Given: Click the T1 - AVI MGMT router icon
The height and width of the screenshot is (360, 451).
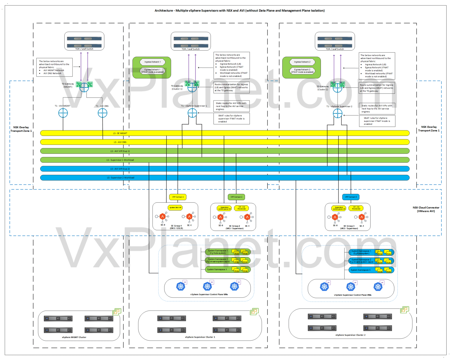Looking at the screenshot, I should [x=63, y=113].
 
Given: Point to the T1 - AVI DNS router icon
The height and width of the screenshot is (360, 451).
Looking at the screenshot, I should [x=102, y=113].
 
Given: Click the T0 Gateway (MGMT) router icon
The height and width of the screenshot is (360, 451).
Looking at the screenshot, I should [x=84, y=87].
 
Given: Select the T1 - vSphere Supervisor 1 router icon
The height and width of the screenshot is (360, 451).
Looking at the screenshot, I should [x=192, y=113].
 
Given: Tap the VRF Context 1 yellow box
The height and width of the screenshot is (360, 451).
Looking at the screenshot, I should [x=178, y=197].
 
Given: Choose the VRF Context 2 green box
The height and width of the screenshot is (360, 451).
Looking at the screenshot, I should [x=236, y=197].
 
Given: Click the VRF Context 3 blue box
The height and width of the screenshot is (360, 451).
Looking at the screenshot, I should [x=351, y=197].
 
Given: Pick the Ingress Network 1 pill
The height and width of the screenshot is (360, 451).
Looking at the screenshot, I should [x=153, y=62].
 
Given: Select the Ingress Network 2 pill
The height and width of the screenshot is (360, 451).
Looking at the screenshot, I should [x=302, y=62].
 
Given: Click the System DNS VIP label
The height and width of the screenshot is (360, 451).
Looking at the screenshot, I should [x=175, y=208].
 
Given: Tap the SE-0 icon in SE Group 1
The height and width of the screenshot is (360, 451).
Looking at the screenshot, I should [x=163, y=217].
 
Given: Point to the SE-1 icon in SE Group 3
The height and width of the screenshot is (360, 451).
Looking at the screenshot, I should [x=362, y=217].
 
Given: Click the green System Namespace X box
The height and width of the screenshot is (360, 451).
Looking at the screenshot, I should [x=217, y=270].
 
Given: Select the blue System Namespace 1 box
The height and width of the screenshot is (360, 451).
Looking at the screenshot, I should [x=361, y=252].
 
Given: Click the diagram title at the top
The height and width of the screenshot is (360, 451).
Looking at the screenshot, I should [x=240, y=11].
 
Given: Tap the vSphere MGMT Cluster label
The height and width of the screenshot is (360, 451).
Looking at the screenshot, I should [x=74, y=337].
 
